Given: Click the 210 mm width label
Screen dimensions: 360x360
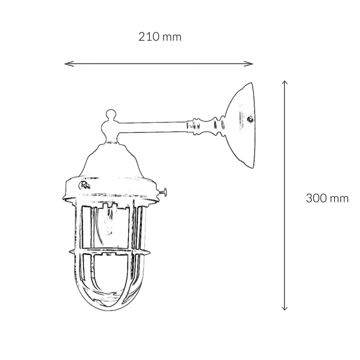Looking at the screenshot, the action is tap(160, 37).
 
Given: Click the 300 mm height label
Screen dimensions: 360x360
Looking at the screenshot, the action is tap(327, 198).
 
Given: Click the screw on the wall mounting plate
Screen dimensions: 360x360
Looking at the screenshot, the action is tap(250, 119).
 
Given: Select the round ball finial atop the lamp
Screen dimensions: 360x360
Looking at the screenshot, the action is tap(111, 114).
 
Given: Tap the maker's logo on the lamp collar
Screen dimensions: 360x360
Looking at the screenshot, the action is tap(84, 185).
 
